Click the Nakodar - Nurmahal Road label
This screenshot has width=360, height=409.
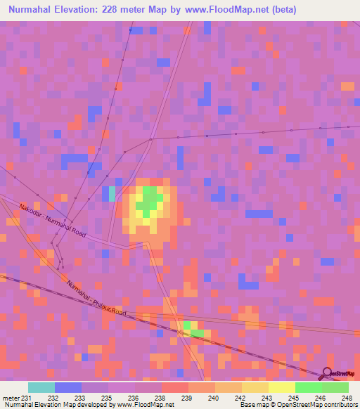coord(53,221)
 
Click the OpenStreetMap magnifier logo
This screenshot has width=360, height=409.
coord(327,373)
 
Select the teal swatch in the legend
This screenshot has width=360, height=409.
coord(41,387)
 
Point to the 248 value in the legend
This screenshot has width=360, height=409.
coord(347,398)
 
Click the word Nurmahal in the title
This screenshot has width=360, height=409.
coord(34,10)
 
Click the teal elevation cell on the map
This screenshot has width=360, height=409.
coord(112,193)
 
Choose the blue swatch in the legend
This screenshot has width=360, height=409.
coord(67,387)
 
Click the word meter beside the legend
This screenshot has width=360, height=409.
coord(9,398)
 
